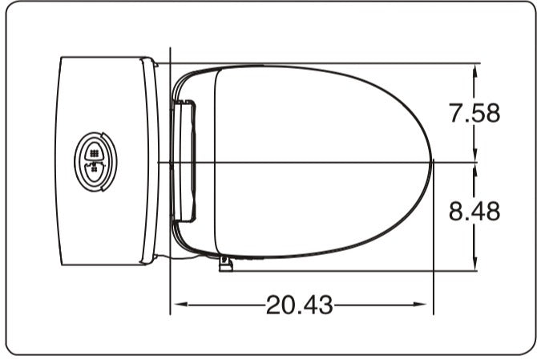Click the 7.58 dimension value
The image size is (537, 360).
tap(474, 113)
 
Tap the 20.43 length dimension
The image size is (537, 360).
tap(298, 305)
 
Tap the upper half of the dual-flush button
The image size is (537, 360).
tap(95, 151)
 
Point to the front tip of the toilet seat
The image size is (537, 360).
tap(432, 161)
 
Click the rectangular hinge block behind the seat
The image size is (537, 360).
tap(185, 160)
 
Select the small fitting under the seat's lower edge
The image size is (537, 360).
tap(225, 263)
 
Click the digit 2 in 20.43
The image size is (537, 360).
tap(274, 305)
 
